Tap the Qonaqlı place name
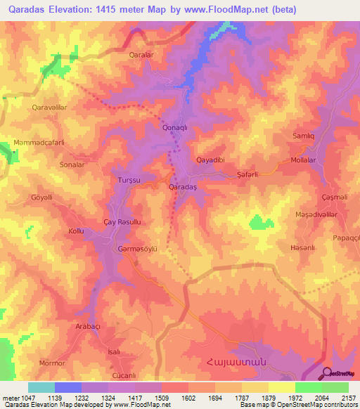(174, 127)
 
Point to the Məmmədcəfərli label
(39, 143)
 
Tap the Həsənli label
(304, 248)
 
